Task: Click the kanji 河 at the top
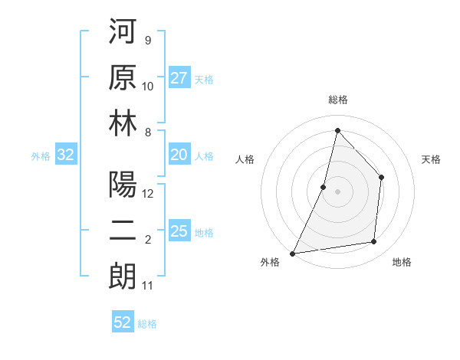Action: click(x=123, y=34)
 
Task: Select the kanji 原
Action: click(x=123, y=79)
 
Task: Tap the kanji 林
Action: click(x=123, y=124)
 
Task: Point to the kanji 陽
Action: click(x=123, y=185)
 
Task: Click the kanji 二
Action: click(x=123, y=231)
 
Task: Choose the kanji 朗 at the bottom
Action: click(x=123, y=276)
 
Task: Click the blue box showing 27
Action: click(x=179, y=78)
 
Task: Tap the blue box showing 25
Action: click(x=179, y=231)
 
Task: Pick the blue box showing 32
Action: click(x=66, y=155)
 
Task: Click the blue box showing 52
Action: click(x=123, y=322)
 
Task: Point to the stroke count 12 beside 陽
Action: click(x=149, y=194)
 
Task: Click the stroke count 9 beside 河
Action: click(x=147, y=41)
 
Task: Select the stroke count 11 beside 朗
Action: click(x=148, y=286)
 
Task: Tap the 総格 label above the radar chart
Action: click(x=337, y=100)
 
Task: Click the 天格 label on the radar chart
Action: click(x=432, y=159)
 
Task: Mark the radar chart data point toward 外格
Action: click(x=292, y=254)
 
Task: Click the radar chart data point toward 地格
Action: click(x=374, y=242)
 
